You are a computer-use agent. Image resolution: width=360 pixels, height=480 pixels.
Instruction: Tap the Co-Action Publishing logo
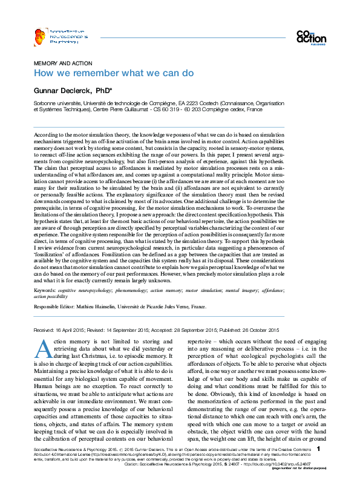pos(311,37)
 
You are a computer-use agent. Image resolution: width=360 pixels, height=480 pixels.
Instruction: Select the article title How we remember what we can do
pos(113,73)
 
